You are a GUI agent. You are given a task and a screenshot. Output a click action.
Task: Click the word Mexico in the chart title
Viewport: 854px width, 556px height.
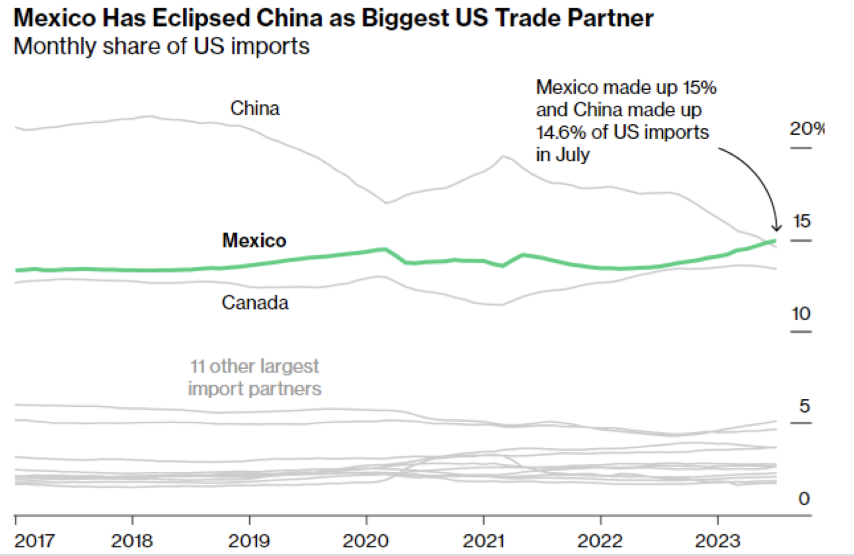tap(54, 18)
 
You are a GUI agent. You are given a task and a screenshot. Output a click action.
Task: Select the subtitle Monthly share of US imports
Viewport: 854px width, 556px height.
tap(161, 46)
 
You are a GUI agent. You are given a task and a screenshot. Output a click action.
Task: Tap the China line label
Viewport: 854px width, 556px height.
tap(254, 108)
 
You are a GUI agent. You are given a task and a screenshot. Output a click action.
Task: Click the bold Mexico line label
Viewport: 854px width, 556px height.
tap(254, 241)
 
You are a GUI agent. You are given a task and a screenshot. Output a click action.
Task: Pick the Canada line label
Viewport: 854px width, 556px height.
tap(255, 302)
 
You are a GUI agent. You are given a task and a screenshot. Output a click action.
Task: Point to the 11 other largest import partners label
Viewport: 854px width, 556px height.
tap(254, 377)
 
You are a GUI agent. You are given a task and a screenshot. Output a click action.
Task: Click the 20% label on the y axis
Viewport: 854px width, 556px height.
tap(806, 129)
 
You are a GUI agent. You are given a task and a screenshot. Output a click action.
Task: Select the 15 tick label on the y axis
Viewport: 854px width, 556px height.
tap(801, 221)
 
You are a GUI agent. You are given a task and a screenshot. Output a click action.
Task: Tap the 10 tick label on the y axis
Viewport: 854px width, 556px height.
tap(801, 313)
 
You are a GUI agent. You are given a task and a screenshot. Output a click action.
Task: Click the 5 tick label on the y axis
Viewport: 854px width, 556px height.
tap(804, 406)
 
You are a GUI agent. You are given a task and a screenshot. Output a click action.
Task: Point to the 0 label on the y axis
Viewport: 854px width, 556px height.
tap(804, 498)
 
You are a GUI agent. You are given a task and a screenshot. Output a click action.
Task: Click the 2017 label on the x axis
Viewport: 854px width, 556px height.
tap(34, 541)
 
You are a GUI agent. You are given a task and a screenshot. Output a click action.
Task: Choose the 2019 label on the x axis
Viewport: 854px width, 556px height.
tap(249, 541)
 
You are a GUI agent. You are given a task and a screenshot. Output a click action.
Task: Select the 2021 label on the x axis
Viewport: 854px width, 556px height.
tap(483, 541)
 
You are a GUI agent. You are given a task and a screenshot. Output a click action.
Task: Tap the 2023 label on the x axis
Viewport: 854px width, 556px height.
tap(717, 541)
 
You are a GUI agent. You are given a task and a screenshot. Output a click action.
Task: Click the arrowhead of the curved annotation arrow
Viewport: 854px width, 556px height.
tap(777, 229)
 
